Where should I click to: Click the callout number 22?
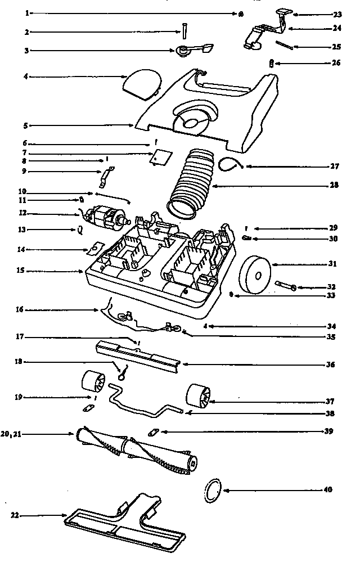click(15, 515)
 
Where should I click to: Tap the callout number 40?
click(328, 490)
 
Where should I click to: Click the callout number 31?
click(334, 264)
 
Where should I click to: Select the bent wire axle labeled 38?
click(141, 403)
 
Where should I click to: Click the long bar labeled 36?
click(138, 356)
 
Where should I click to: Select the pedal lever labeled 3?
click(191, 51)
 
